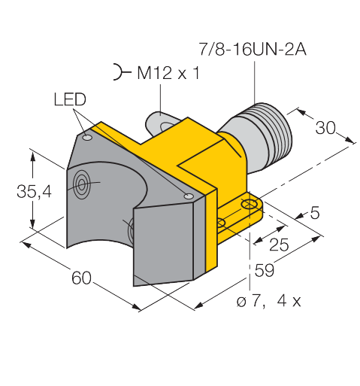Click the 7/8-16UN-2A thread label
(x=253, y=49)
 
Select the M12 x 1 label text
(x=168, y=73)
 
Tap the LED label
(x=70, y=99)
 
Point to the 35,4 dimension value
(x=34, y=191)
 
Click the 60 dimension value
(x=81, y=278)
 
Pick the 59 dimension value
(x=265, y=270)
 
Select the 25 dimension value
(x=279, y=245)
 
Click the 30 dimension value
(x=325, y=128)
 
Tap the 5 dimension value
(x=315, y=213)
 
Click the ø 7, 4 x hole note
(x=268, y=301)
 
